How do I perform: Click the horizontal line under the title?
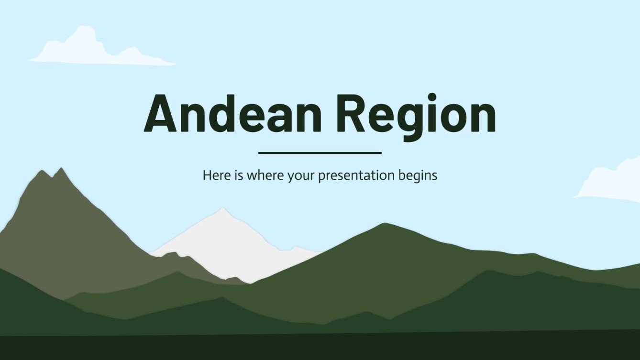click(320, 153)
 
